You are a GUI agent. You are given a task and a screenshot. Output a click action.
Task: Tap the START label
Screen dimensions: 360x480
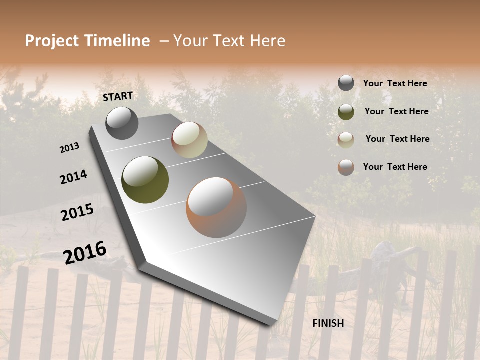pos(118,96)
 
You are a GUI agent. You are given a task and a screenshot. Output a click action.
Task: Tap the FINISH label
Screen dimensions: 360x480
pos(328,323)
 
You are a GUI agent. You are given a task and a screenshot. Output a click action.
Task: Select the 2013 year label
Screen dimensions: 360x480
pos(70,148)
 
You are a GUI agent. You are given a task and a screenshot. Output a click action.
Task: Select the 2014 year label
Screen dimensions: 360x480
pos(74,177)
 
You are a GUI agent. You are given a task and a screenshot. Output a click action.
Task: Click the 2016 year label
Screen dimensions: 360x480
pos(85,253)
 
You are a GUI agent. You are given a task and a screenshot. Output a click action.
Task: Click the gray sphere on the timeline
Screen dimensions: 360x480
pos(122,123)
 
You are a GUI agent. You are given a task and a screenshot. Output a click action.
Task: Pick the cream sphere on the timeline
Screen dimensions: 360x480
pos(189,140)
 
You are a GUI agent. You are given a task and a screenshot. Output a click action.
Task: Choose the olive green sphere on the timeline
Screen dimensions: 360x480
pos(145,180)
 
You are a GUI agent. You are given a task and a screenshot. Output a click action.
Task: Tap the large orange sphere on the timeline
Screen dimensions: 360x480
pos(216,207)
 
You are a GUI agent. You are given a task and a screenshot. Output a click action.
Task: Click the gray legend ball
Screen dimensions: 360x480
pos(346,83)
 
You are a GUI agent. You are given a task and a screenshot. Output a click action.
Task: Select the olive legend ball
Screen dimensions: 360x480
pos(346,112)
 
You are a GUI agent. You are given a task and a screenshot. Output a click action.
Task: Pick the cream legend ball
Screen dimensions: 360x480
pos(346,140)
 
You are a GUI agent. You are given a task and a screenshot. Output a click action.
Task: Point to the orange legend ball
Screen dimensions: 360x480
pos(346,167)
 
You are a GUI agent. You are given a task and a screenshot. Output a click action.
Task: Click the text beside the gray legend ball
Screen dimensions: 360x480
pos(395,83)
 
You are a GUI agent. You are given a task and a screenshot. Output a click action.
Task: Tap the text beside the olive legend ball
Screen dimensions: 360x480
pos(396,111)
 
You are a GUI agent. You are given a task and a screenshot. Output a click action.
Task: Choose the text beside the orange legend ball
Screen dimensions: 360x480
pos(395,167)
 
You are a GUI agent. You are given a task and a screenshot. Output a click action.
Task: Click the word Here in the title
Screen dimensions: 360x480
pos(266,41)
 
